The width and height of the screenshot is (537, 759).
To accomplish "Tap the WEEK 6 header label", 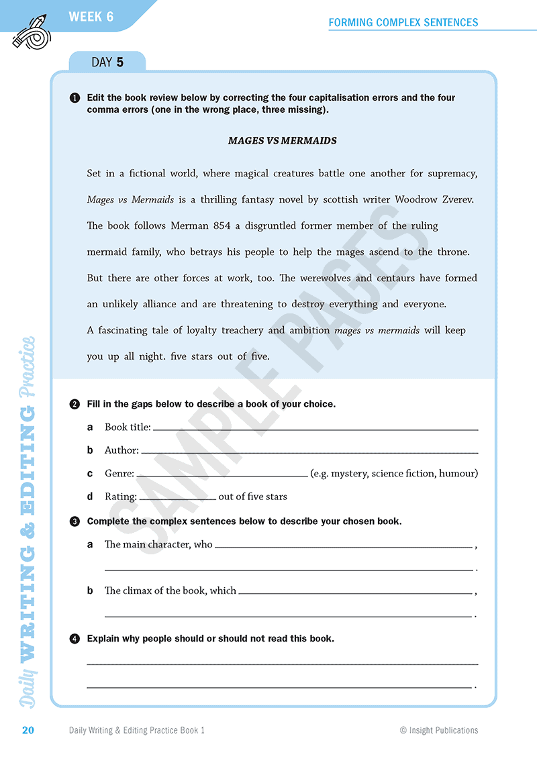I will click(x=91, y=17).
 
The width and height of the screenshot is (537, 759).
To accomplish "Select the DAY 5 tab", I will click(x=107, y=62).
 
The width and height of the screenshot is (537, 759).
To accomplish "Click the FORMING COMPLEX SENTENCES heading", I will click(x=403, y=22).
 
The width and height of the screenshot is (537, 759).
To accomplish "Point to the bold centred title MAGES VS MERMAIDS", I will click(x=282, y=141).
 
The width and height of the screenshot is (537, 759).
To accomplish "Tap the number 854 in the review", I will click(x=222, y=225).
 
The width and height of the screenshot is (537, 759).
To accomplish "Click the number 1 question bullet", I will click(x=75, y=98).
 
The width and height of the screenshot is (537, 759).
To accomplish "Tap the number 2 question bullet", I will click(x=75, y=404).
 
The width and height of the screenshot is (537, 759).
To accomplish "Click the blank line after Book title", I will click(x=315, y=429).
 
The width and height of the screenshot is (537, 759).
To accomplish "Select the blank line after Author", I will click(x=309, y=452).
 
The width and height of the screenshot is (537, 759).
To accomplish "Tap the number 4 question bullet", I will click(x=75, y=639).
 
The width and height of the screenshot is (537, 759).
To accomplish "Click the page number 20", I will click(x=28, y=730).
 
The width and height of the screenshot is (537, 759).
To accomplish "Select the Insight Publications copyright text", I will click(x=439, y=730).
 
